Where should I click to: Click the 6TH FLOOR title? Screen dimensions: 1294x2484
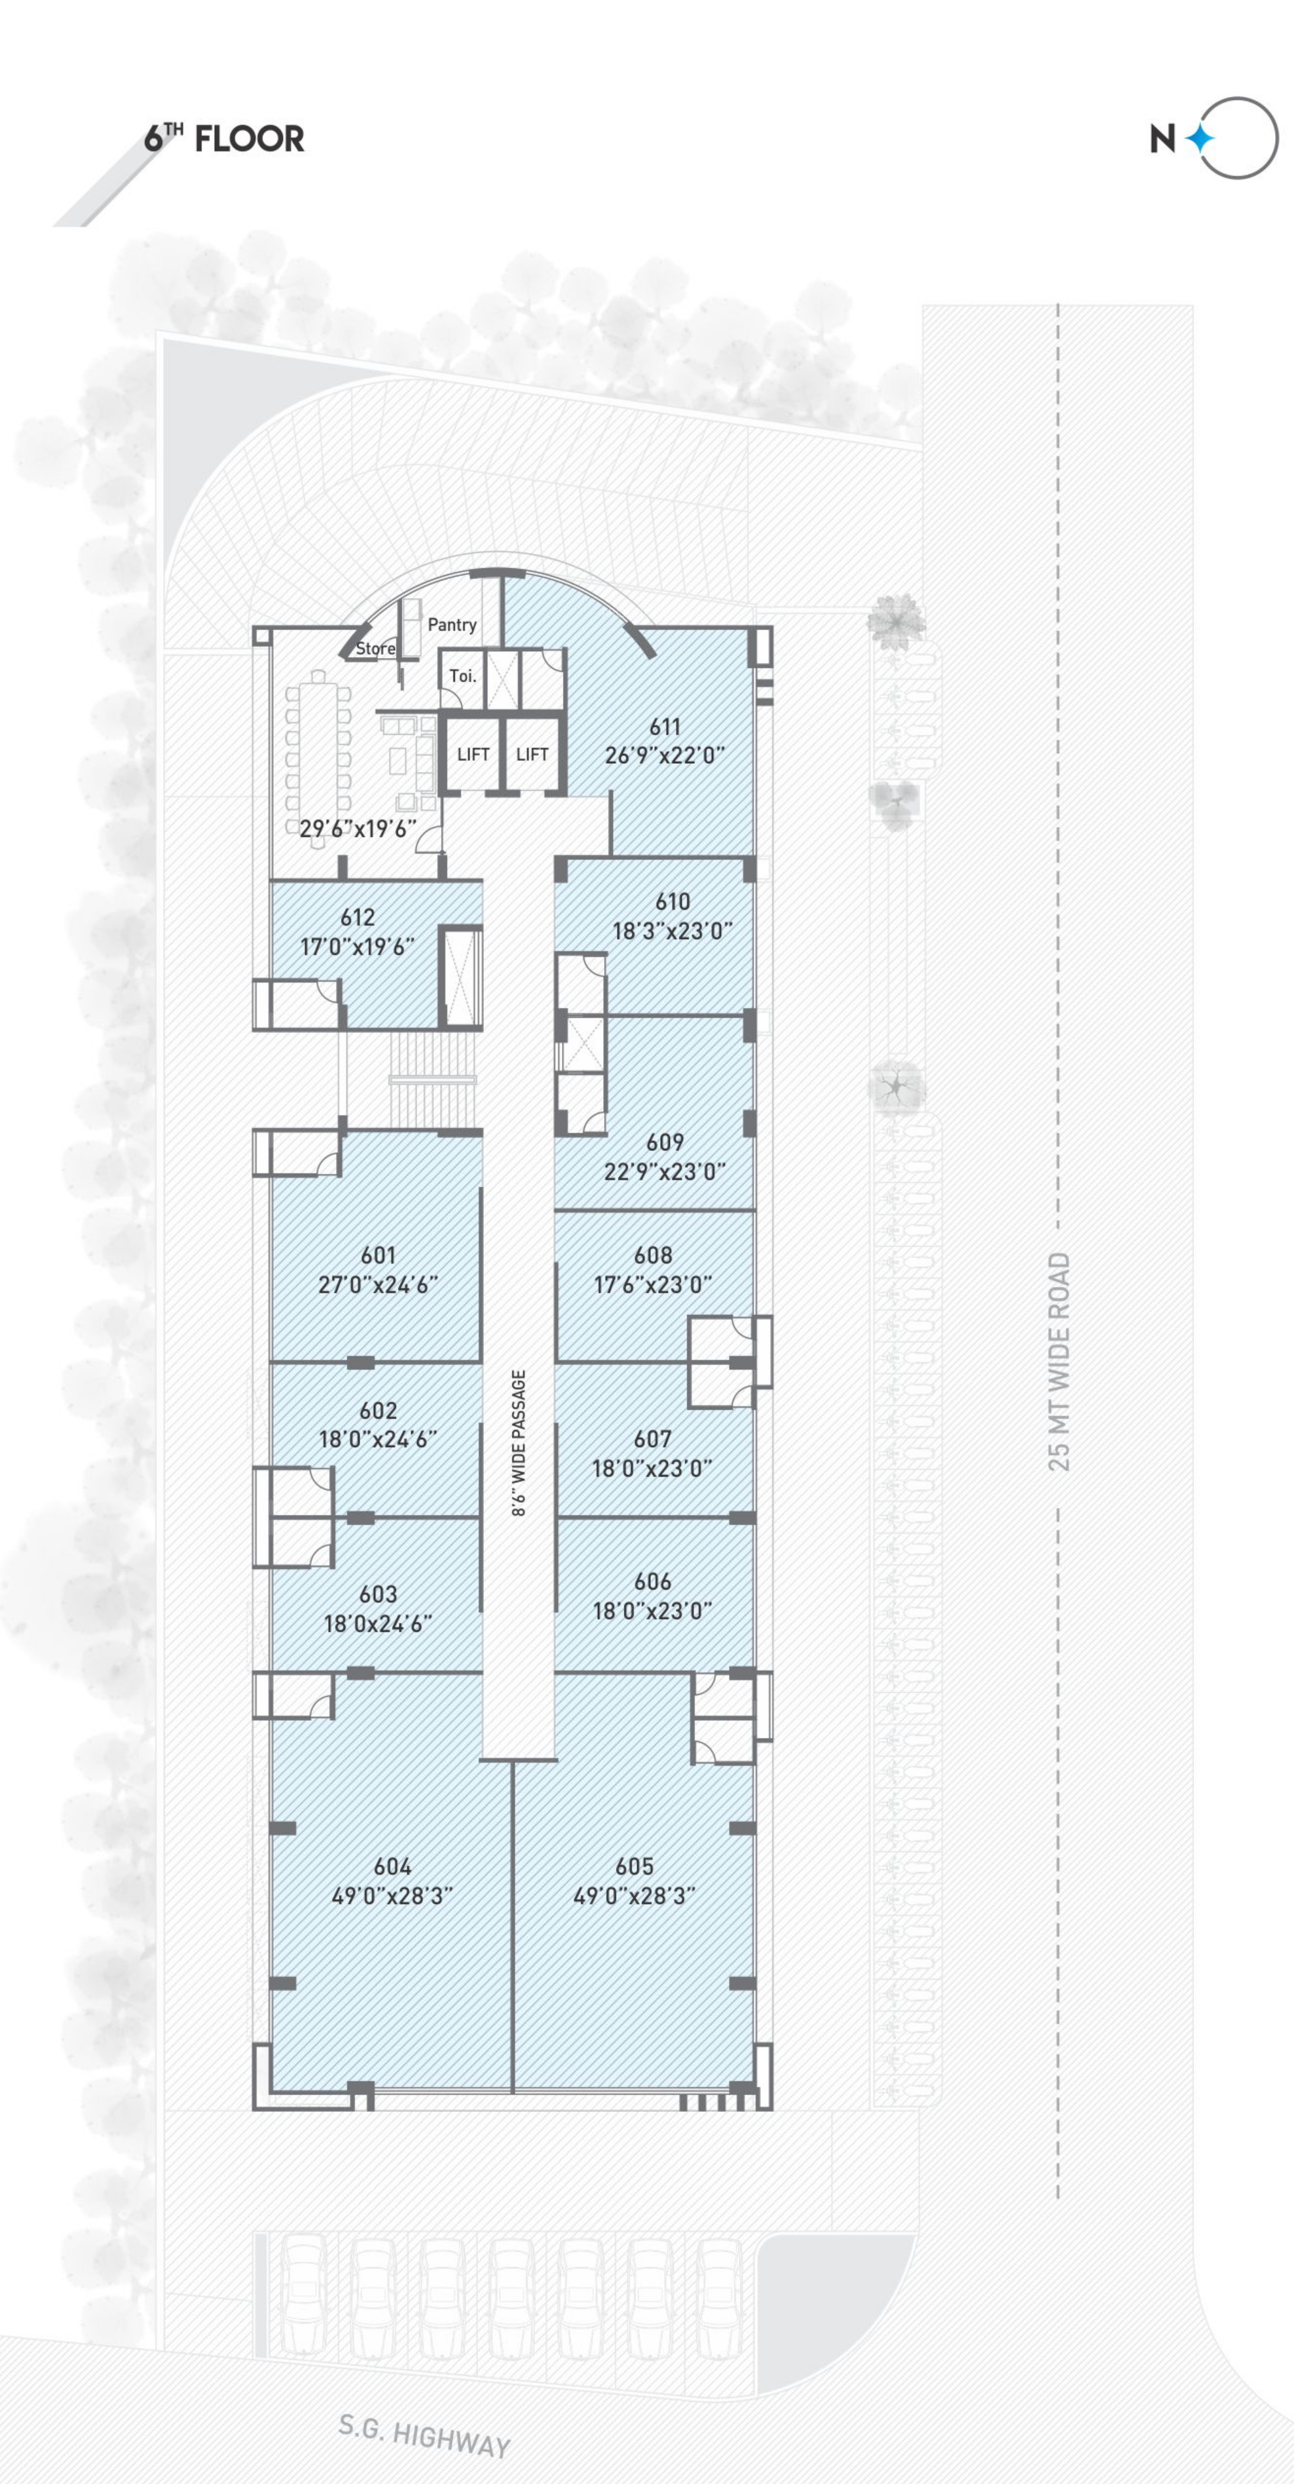(224, 138)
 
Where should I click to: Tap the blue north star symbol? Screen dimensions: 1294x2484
(1200, 139)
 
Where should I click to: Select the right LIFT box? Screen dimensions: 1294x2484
(532, 754)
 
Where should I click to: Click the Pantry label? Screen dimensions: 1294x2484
(453, 625)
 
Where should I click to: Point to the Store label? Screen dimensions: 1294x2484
(375, 648)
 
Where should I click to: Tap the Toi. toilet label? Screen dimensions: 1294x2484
(463, 676)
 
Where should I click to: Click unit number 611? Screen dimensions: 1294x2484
(665, 727)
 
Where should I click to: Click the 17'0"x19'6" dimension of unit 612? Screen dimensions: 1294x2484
(358, 947)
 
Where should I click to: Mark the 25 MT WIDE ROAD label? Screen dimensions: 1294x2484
(1059, 1362)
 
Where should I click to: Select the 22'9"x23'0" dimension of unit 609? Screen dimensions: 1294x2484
(665, 1172)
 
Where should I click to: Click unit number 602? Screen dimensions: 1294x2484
(378, 1411)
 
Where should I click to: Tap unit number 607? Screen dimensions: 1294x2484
(653, 1439)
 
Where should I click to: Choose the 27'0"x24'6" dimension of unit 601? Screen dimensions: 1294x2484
(378, 1285)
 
